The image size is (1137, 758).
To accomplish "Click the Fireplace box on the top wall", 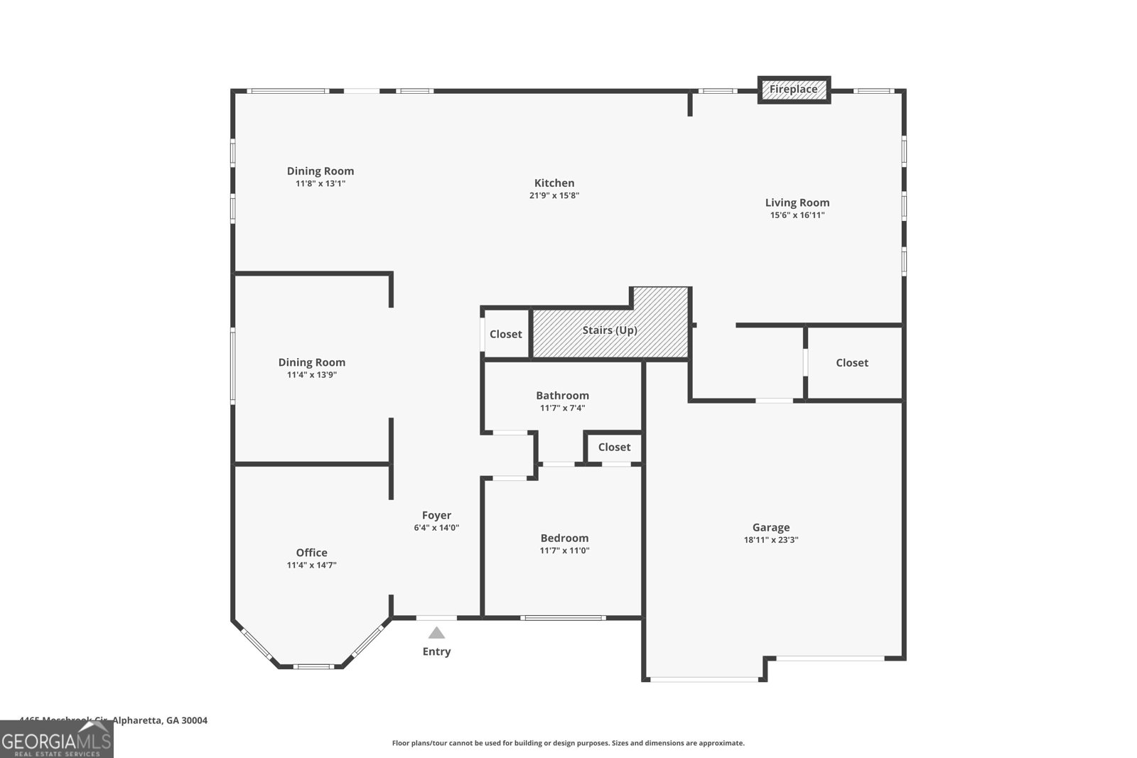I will click(x=794, y=90).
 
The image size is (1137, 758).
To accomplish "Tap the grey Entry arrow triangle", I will click(x=436, y=633).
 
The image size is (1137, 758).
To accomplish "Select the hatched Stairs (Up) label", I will click(x=610, y=330).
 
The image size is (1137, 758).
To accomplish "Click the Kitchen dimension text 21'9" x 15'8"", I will click(x=554, y=195).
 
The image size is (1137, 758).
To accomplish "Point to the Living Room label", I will click(x=797, y=202).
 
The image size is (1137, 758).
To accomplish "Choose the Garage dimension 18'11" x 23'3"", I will click(x=771, y=540).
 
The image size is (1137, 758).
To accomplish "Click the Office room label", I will click(x=311, y=553).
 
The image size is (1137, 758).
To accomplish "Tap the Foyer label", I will click(x=436, y=516).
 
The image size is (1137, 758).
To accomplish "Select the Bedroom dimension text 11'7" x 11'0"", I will click(x=564, y=551).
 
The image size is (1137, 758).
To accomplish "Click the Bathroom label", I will click(x=562, y=396).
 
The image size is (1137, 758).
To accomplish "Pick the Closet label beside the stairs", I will click(x=505, y=334).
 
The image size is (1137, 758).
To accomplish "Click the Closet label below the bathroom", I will click(x=614, y=447).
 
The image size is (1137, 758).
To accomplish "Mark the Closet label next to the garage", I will click(x=852, y=362).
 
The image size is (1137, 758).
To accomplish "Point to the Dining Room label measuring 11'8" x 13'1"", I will click(x=320, y=171).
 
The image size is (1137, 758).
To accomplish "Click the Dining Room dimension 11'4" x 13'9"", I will click(x=311, y=375).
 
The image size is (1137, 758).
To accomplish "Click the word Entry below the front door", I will click(x=436, y=651).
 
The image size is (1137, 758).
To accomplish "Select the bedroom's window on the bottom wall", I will click(x=563, y=617).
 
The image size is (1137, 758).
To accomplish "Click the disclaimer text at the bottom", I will click(x=568, y=743).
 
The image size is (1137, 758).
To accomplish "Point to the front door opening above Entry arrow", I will click(x=436, y=617).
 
